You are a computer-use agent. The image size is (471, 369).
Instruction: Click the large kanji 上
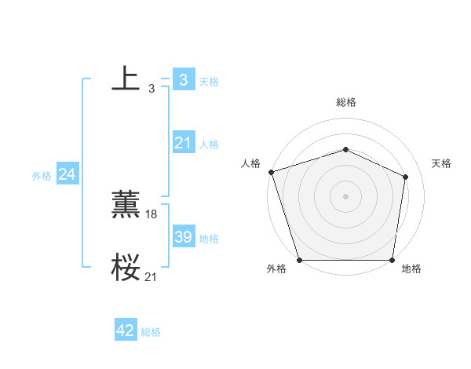[126, 79]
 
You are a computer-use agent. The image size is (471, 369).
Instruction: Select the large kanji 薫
[126, 205]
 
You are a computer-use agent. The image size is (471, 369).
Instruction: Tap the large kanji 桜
[126, 268]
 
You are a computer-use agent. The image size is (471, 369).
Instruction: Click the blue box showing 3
[183, 79]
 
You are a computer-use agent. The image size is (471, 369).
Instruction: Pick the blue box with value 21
[183, 143]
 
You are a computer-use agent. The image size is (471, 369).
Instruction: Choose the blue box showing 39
[183, 237]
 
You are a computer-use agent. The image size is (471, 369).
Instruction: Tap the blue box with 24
[68, 174]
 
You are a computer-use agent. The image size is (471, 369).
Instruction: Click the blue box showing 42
[126, 331]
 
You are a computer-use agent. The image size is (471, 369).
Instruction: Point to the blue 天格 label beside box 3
[209, 81]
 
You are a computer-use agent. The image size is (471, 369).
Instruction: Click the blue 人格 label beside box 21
[209, 144]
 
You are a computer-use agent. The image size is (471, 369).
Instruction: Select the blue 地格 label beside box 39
[209, 239]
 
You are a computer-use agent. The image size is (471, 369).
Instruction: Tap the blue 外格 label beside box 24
[42, 176]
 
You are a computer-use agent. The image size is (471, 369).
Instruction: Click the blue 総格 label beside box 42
[151, 332]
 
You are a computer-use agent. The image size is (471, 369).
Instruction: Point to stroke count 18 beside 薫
[152, 214]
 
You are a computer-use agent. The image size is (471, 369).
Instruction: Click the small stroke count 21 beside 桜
[152, 276]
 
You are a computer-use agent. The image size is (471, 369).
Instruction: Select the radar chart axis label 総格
[345, 102]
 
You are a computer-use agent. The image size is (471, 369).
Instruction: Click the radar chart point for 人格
[271, 172]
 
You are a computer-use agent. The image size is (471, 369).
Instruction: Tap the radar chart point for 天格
[406, 177]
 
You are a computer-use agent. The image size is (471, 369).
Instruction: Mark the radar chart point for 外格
[299, 260]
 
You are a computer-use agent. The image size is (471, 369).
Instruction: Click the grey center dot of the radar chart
[345, 195]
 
